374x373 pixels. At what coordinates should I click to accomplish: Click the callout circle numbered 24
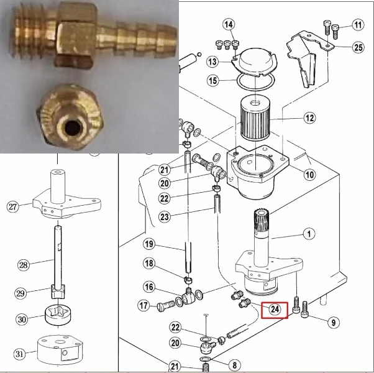275,310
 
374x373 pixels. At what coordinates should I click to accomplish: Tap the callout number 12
309,117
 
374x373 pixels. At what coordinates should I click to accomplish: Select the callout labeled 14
229,24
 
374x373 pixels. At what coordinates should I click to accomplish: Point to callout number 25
358,47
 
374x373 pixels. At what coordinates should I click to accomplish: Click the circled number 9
334,323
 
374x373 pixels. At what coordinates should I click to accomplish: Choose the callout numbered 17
144,305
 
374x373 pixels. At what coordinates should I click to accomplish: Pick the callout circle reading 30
22,319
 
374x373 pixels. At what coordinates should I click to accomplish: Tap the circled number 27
12,206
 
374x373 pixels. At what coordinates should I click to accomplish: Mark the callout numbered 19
149,244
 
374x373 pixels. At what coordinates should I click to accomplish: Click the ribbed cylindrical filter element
255,119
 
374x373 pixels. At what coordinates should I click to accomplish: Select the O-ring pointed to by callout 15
255,82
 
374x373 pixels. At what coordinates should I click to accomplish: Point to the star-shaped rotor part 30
58,315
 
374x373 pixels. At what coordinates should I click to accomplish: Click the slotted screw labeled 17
166,305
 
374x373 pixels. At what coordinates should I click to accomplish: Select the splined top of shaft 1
262,219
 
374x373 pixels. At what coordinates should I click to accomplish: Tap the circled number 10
309,175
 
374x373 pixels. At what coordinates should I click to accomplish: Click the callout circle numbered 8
234,365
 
